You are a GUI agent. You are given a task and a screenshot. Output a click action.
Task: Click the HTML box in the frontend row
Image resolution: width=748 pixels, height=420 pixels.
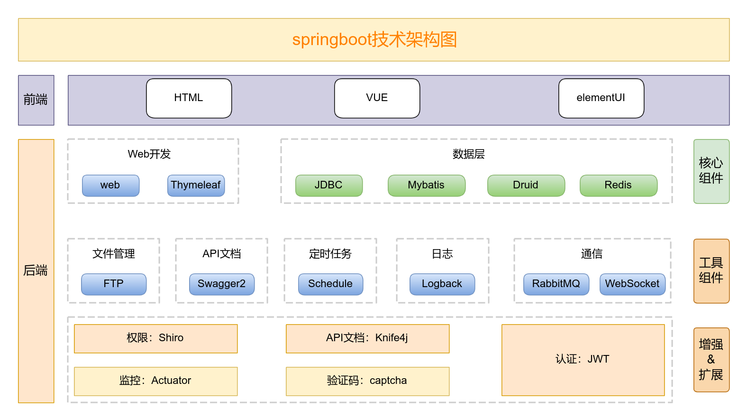point(189,98)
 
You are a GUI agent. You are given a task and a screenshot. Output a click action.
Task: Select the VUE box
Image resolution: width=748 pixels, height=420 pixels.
point(377,98)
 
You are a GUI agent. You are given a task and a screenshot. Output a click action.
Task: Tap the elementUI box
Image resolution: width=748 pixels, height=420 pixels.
point(601,98)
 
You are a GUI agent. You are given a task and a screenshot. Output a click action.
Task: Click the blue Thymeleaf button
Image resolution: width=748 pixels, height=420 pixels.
point(196,186)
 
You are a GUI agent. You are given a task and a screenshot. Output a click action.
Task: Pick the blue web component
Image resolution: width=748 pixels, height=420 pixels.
point(110,186)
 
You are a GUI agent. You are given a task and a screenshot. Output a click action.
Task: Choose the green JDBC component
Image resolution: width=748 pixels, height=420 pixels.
point(328,186)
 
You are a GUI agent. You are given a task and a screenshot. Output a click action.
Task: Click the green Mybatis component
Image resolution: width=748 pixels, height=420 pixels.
point(426,186)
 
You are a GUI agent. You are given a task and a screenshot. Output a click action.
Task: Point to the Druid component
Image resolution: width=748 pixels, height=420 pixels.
point(526,186)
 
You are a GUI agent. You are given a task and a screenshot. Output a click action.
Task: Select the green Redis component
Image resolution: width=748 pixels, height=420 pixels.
point(618,186)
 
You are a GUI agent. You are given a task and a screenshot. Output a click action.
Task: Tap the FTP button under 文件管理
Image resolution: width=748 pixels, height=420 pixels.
point(113,284)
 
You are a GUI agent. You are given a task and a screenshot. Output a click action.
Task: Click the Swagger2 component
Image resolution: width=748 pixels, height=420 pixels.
point(221,284)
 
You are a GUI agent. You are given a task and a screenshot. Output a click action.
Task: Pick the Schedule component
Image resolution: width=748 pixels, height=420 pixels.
point(330,284)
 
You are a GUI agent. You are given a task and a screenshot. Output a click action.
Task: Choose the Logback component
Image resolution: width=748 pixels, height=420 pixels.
point(442,284)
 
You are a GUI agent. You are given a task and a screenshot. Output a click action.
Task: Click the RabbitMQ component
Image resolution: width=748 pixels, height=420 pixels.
point(556,284)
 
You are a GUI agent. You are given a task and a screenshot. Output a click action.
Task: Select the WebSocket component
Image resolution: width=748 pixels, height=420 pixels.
point(632,284)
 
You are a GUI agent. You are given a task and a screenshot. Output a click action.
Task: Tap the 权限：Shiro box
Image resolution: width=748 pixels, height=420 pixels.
point(155,338)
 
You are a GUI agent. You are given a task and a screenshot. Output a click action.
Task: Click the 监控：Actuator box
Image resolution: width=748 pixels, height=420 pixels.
point(155,381)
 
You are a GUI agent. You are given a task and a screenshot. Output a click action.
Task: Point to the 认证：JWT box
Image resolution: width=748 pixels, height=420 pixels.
point(583,360)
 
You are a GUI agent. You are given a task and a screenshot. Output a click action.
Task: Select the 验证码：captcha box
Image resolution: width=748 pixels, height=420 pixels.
point(367,381)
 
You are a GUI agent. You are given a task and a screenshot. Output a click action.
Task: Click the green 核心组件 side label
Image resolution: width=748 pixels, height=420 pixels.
point(711,171)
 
